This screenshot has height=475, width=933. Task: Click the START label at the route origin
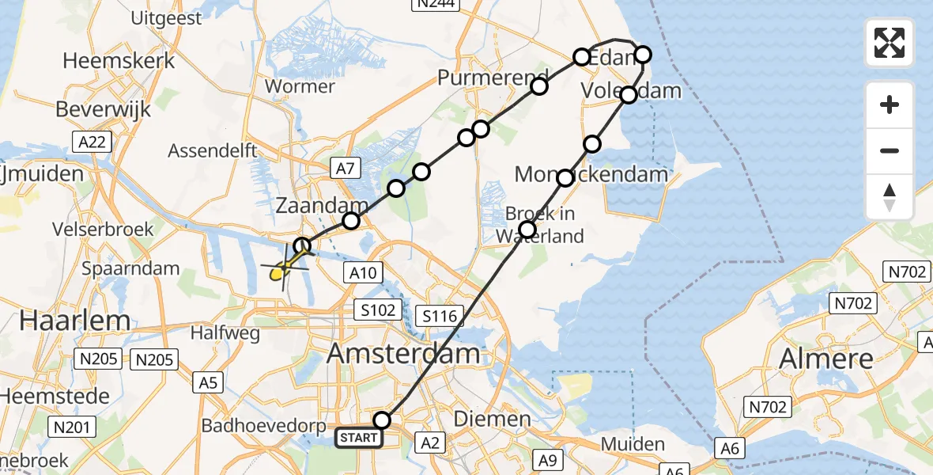coord(359,437)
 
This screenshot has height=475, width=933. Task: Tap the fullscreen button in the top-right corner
coord(890,43)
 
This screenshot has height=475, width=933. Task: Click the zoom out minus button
coord(890,150)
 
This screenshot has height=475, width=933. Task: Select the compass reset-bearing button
coord(890,197)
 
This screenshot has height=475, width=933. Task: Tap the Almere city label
coord(826,359)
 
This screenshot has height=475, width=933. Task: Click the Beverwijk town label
coord(103,109)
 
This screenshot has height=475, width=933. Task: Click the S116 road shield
coord(440,317)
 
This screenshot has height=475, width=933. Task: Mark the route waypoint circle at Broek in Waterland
coord(527,230)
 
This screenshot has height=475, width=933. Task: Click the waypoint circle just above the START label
coord(383,420)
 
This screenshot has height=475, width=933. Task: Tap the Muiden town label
coord(633,443)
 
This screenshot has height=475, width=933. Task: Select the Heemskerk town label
coord(118,60)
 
